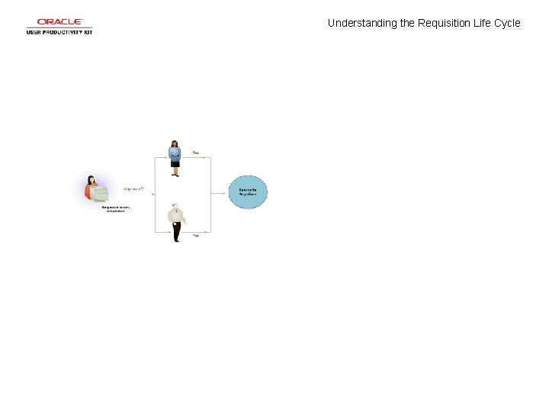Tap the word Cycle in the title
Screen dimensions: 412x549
click(x=507, y=23)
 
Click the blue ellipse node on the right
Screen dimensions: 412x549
click(x=249, y=192)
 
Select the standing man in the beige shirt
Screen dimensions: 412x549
click(x=176, y=220)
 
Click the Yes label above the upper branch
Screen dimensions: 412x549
click(x=196, y=153)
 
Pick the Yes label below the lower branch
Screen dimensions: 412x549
click(x=196, y=236)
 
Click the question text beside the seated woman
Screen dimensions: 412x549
click(x=133, y=188)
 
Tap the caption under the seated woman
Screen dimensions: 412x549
click(x=114, y=209)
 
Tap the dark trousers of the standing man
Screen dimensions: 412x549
click(x=177, y=230)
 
